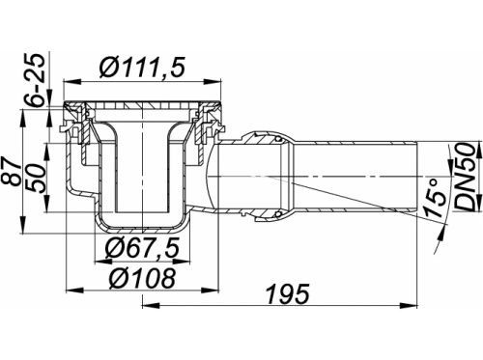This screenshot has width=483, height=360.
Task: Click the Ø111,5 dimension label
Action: click(x=142, y=68)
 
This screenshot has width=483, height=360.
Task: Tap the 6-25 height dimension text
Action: click(x=35, y=80)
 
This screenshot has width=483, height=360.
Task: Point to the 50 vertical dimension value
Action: click(x=39, y=178)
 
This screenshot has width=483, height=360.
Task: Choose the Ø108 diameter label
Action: click(x=142, y=278)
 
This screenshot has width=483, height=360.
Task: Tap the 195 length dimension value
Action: click(x=288, y=293)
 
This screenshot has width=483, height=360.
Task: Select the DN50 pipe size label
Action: click(x=467, y=177)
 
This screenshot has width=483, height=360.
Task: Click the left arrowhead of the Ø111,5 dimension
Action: click(x=71, y=82)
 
